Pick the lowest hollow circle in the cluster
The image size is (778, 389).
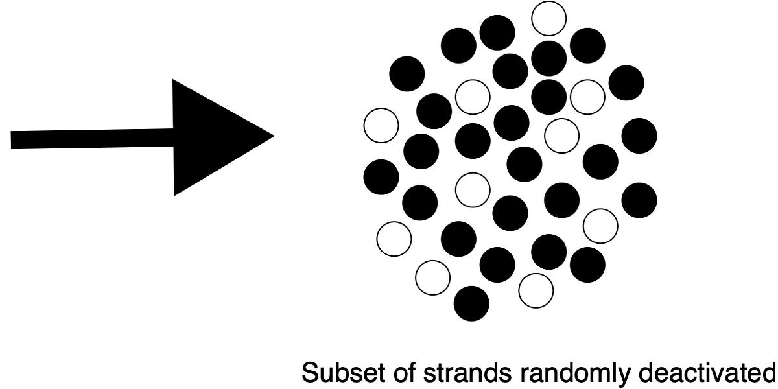pos(536,290)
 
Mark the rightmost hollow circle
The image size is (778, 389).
pos(600,225)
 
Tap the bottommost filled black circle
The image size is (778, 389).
pos(471,303)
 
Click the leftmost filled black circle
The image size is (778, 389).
pos(381,176)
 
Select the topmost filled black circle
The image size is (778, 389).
pos(497,31)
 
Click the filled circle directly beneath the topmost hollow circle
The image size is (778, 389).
pos(548,58)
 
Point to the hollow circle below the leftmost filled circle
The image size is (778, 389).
pos(394,238)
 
